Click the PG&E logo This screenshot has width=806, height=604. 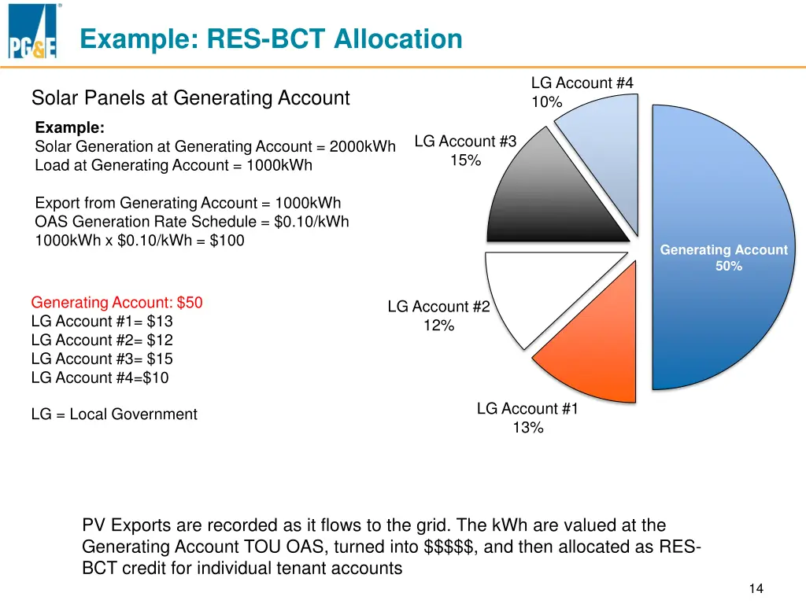pyautogui.click(x=33, y=33)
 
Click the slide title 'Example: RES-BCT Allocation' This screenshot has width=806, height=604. pyautogui.click(x=271, y=39)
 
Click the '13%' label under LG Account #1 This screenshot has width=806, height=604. pyautogui.click(x=527, y=428)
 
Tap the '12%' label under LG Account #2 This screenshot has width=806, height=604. pyautogui.click(x=438, y=326)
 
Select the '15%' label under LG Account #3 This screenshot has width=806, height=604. pyautogui.click(x=465, y=160)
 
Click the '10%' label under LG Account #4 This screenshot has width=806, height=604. pyautogui.click(x=546, y=102)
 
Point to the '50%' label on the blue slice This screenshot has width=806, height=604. pyautogui.click(x=728, y=266)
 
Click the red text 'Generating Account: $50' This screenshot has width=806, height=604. pyautogui.click(x=116, y=303)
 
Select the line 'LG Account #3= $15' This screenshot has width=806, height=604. pyautogui.click(x=102, y=359)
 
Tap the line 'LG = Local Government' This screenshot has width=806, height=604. pyautogui.click(x=114, y=414)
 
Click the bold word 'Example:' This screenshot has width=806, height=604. pyautogui.click(x=70, y=127)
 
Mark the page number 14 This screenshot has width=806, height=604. pyautogui.click(x=756, y=589)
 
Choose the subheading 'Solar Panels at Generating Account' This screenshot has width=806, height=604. pyautogui.click(x=190, y=98)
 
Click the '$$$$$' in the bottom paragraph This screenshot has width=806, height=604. pyautogui.click(x=449, y=547)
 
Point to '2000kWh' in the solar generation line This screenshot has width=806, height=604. pyautogui.click(x=362, y=146)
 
